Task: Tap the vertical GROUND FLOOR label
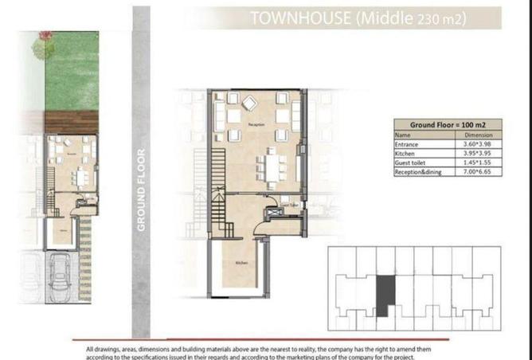click(x=141, y=190)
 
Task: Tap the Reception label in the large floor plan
click(x=256, y=125)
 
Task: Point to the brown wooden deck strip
click(x=71, y=121)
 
